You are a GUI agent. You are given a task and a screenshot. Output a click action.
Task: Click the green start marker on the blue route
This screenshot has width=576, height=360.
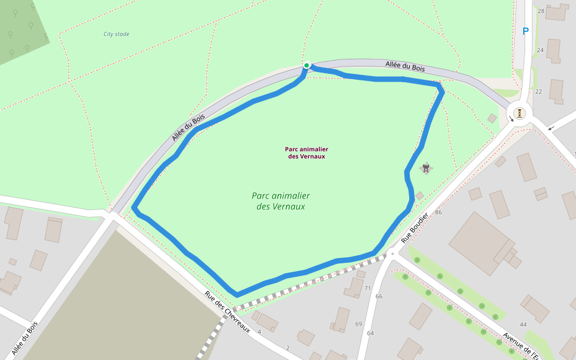(x=307, y=65)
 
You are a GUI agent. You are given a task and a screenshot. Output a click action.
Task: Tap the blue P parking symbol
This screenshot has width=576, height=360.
(x=526, y=31)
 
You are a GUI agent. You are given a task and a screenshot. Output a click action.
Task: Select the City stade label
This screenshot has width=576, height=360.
(x=116, y=34)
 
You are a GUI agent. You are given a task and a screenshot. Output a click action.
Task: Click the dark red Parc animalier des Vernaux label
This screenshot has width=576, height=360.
(x=307, y=152)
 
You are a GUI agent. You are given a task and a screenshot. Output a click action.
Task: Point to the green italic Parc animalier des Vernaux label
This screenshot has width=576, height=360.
(x=281, y=201)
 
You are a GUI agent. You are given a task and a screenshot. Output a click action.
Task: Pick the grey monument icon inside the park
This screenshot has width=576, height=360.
(x=426, y=168)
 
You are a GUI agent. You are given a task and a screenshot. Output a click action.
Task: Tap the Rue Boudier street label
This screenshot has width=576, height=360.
(x=415, y=227)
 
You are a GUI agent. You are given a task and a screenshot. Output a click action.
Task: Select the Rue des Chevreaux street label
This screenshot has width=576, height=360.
(x=227, y=312)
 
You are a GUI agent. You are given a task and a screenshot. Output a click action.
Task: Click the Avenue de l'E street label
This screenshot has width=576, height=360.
(x=520, y=346)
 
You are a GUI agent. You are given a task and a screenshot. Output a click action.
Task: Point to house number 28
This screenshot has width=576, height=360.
(x=541, y=11)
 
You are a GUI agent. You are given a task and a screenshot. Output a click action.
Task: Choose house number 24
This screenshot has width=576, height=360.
(x=540, y=50)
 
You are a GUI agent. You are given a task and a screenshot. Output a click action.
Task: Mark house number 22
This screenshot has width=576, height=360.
(x=538, y=92)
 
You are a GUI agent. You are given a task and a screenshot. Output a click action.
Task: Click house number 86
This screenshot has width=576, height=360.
(x=439, y=212)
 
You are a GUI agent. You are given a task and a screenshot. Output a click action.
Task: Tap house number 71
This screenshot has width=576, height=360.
(x=368, y=289)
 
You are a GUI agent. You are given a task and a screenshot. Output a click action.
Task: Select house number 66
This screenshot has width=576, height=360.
(x=379, y=296)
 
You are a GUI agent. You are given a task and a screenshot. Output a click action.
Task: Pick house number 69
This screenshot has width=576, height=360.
(x=359, y=324)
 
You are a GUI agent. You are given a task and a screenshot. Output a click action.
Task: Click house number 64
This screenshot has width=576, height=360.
(x=370, y=333)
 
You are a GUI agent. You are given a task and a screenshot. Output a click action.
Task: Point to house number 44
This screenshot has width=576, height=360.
(x=523, y=325)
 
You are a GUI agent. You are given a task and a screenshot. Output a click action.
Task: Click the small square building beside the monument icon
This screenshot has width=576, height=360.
(x=419, y=196)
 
